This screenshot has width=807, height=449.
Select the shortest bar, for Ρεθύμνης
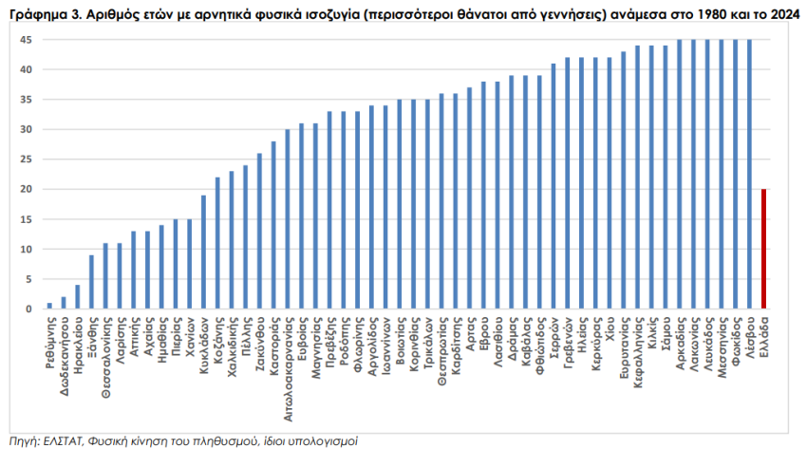[49, 306]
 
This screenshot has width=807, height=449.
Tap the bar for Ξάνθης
[91, 282]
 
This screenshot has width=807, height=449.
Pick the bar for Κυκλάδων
[203, 252]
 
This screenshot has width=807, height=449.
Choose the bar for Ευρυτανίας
[624, 180]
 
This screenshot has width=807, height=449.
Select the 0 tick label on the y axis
[29, 309]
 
